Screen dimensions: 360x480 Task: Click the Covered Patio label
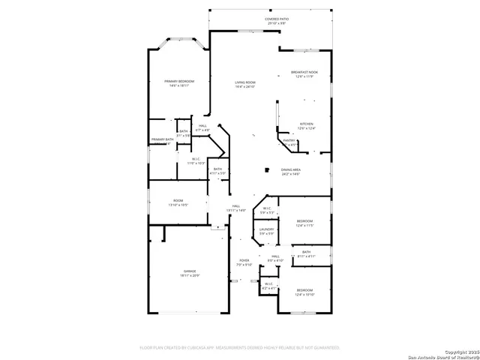pos(277,21)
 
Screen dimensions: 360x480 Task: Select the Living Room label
pos(245,84)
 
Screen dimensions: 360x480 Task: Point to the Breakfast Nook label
pos(304,74)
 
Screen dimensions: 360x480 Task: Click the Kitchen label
pos(306,126)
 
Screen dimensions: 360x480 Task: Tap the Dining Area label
pos(291,172)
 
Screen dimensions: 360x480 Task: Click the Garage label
pos(189,273)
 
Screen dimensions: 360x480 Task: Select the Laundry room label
pos(266,232)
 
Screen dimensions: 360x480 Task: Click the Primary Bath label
pos(162,139)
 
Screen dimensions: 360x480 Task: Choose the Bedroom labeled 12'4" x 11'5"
pos(304,223)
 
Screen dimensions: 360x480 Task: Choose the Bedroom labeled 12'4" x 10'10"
pos(304,292)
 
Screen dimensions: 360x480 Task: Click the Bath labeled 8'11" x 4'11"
pos(306,254)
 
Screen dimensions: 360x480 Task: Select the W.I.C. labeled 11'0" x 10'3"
pos(196,160)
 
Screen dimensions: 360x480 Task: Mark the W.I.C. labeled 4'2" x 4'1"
pos(268,286)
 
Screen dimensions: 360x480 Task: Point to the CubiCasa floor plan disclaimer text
pos(240,347)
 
